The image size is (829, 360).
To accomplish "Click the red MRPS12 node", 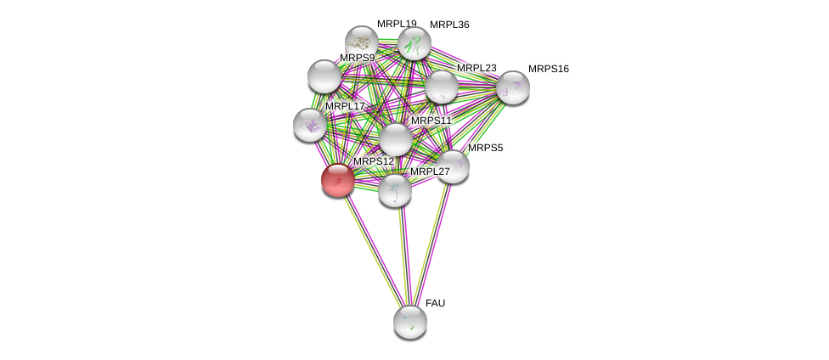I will coord(338,180).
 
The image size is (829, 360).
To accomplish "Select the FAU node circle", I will coord(410,322).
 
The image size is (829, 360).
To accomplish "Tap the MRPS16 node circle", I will coord(513,87).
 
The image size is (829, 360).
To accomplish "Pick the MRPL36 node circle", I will coord(414,43).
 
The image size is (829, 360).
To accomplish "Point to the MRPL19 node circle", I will coord(362,42).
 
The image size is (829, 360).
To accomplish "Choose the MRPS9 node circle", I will coord(324,76).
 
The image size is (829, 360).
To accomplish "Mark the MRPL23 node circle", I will coord(442,87).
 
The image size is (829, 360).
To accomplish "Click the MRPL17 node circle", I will coord(310,125).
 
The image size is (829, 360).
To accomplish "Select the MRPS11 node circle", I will coord(396,139).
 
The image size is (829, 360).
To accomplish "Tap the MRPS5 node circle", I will coord(453,166).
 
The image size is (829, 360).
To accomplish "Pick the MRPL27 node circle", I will coord(395,190).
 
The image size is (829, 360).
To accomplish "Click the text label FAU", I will coord(435,303).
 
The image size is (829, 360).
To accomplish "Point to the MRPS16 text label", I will coord(548,69).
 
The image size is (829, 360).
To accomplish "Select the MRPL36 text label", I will coord(449,25).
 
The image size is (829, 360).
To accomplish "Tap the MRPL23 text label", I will coord(477,68).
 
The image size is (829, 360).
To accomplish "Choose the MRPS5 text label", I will coord(485,148).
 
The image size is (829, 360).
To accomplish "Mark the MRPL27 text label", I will coord(430,172).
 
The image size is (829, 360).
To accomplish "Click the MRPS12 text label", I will coord(374,161).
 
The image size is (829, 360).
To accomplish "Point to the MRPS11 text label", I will coord(431,121).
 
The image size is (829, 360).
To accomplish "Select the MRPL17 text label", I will coord(345,106).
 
